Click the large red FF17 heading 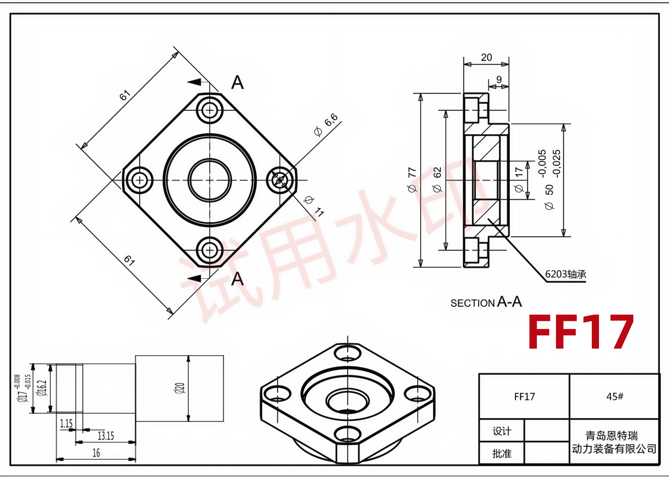581,332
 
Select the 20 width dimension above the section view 487,58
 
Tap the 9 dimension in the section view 499,79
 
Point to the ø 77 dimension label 412,180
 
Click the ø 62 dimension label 437,180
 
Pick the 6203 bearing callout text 566,274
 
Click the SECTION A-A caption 486,302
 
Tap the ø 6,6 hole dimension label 326,125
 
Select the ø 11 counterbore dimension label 314,206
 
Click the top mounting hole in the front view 210,110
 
